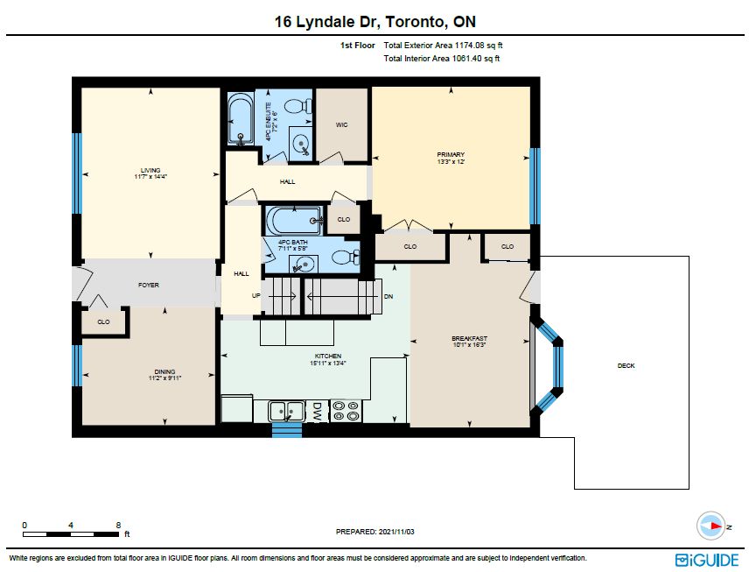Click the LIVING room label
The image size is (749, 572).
(x=150, y=170)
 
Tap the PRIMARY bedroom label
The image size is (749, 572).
(x=451, y=154)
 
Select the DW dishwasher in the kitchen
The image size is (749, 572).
(x=316, y=412)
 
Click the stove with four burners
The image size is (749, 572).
(x=346, y=412)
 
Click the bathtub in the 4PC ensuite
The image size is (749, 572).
(x=241, y=118)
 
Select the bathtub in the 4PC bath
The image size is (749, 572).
(x=294, y=220)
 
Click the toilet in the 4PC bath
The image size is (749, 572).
(x=345, y=258)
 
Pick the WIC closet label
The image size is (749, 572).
(x=341, y=125)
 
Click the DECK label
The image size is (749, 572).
(x=626, y=366)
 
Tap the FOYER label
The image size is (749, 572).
(x=149, y=285)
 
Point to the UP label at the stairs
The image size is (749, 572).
(x=256, y=295)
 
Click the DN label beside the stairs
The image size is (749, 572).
(x=388, y=297)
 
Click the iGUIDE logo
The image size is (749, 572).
(x=707, y=560)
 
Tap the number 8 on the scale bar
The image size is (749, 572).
(x=118, y=525)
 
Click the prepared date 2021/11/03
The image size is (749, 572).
(x=396, y=532)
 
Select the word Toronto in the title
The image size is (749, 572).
(x=415, y=22)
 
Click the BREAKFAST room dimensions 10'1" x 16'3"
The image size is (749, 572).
(x=469, y=344)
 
